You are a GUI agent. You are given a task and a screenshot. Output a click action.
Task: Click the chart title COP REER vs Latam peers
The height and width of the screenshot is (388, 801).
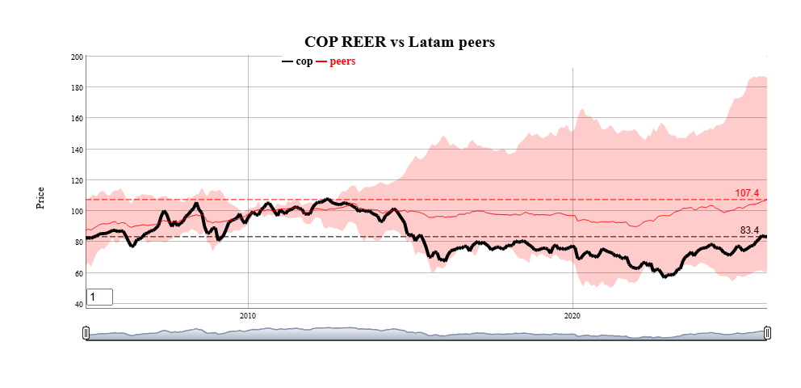point(399,41)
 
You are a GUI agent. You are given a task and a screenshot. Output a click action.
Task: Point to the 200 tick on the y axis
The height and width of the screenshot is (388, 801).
point(77,57)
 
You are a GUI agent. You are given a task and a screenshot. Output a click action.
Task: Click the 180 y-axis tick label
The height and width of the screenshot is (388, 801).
point(77,87)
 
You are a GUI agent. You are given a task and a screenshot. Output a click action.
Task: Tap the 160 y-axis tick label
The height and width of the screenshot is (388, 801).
point(77,119)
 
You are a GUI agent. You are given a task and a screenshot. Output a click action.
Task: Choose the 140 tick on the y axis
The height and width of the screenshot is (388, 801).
point(77,150)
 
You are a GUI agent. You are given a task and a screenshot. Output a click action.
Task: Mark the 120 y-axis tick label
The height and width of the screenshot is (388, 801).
point(77,180)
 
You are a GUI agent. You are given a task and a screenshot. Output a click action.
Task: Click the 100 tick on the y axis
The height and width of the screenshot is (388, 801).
point(77,212)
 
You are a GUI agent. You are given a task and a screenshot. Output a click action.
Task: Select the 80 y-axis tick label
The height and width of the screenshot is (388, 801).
point(78,242)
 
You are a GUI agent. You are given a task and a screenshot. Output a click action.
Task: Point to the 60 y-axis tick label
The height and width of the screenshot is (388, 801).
point(78,273)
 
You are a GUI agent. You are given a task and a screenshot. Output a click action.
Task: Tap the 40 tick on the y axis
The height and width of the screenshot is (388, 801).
point(78,305)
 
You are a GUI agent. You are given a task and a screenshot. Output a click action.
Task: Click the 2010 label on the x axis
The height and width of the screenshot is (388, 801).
point(248,315)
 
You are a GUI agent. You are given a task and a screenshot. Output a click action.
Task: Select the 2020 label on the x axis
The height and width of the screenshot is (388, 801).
point(572,315)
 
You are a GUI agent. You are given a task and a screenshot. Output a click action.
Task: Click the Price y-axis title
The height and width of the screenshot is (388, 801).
point(40,198)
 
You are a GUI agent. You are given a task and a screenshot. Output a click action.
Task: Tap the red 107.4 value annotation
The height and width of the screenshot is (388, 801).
point(747,193)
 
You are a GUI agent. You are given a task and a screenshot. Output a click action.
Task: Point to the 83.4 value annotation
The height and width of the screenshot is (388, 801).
point(749,231)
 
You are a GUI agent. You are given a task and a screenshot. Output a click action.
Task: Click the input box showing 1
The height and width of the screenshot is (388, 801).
point(99,297)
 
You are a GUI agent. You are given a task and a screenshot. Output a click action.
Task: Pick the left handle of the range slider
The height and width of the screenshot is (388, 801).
point(86,333)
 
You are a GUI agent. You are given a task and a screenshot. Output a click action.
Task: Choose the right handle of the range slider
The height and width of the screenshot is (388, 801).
point(767,333)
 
